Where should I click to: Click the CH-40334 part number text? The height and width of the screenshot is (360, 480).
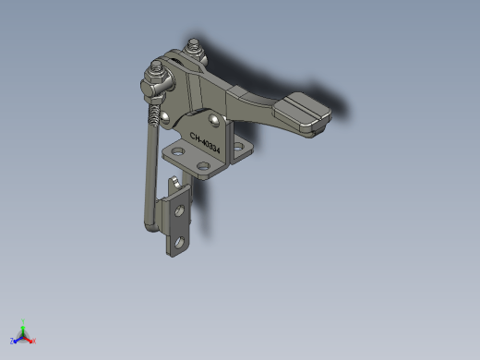pos(205,143)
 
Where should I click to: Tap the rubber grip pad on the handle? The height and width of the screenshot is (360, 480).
pos(303,114)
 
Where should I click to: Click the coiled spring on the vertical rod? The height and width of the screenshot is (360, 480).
pos(153,114)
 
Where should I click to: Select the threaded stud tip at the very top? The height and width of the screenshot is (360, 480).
pos(194,43)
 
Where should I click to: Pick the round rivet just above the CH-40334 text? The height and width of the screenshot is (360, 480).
pos(213,119)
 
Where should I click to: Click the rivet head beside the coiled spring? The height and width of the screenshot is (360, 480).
pos(165,117)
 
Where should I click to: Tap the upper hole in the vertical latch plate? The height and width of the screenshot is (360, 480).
pos(179,210)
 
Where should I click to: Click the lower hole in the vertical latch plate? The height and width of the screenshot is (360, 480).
pos(179,243)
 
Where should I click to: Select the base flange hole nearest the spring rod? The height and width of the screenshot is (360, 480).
pos(178,151)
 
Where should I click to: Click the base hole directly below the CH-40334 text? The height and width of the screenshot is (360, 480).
pos(203,167)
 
